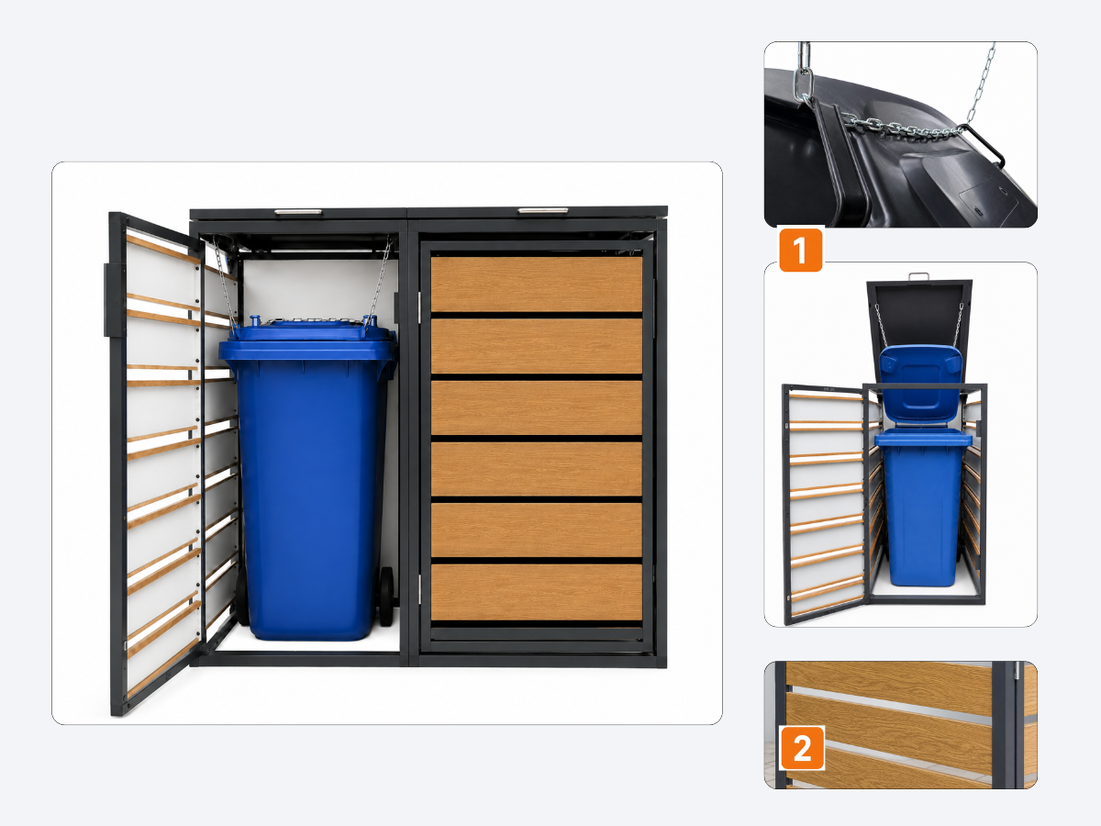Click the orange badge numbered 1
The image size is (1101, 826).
point(801,250)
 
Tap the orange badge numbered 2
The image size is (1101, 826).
point(803,748)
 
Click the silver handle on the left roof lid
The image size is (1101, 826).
point(298,212)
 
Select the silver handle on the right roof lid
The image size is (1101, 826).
point(543,211)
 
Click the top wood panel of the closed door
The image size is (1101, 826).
point(536,284)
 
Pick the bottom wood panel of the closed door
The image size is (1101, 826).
point(536,592)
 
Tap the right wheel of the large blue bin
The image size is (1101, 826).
point(386,597)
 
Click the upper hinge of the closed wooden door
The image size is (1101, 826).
point(420,307)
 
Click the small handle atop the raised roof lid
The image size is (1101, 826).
point(918,276)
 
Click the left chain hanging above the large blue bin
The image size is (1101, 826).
point(224,283)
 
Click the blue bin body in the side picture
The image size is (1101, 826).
point(923,508)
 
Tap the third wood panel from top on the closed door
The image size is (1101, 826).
point(536,407)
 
